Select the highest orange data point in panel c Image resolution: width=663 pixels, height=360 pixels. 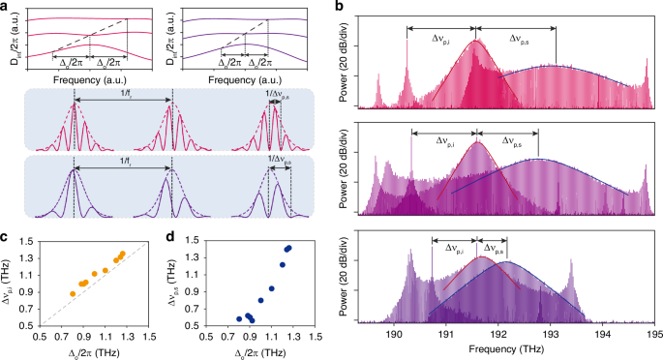122,254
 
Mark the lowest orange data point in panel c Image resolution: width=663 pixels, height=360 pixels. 73,293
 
